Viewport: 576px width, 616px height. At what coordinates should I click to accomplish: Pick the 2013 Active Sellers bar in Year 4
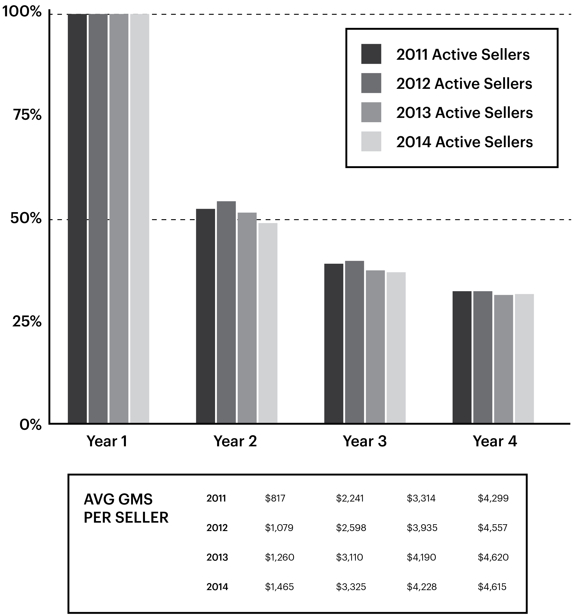coord(503,359)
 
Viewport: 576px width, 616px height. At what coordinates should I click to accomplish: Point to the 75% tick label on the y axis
coord(27,115)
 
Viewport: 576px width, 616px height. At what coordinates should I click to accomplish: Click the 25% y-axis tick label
coord(27,322)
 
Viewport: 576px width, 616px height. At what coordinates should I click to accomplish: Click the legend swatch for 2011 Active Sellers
coord(371,54)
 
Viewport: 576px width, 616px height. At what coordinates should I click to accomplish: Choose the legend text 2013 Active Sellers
coord(464,113)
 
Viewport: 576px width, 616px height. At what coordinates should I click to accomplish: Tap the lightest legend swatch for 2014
coord(371,142)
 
